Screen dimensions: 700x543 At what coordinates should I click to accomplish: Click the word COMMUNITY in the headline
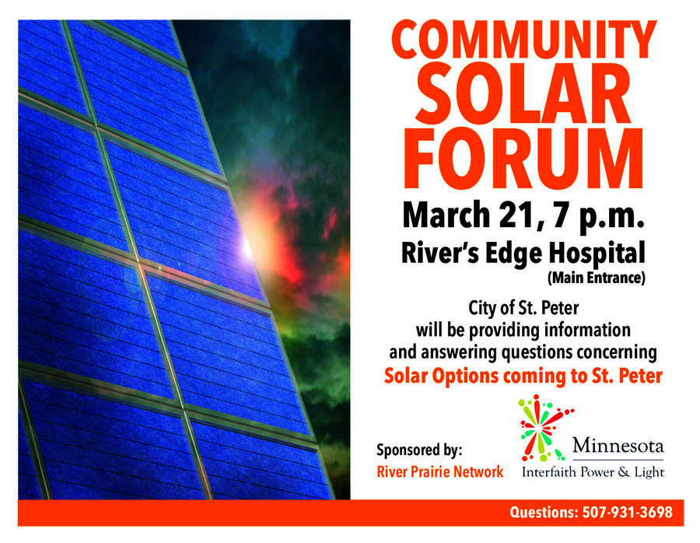tap(524, 40)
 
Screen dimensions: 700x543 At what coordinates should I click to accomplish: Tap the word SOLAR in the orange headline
tap(523, 94)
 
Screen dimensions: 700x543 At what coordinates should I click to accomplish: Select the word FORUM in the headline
tap(523, 159)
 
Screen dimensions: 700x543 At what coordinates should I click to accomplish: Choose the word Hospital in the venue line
tap(597, 254)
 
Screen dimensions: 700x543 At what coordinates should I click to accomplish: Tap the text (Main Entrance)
tap(597, 278)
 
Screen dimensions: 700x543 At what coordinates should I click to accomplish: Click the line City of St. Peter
tap(523, 308)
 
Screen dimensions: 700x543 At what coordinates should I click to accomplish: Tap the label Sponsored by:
tap(419, 450)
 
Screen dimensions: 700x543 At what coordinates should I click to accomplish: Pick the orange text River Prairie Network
tap(439, 471)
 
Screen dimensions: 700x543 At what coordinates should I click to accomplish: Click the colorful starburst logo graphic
tap(544, 428)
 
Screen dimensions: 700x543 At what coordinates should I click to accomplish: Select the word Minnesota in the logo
tap(618, 445)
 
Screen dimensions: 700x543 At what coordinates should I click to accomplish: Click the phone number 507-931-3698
tap(627, 512)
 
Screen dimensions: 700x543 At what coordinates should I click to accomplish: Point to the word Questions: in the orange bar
tap(544, 512)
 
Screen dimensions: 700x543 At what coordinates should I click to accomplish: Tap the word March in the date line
tap(446, 215)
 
